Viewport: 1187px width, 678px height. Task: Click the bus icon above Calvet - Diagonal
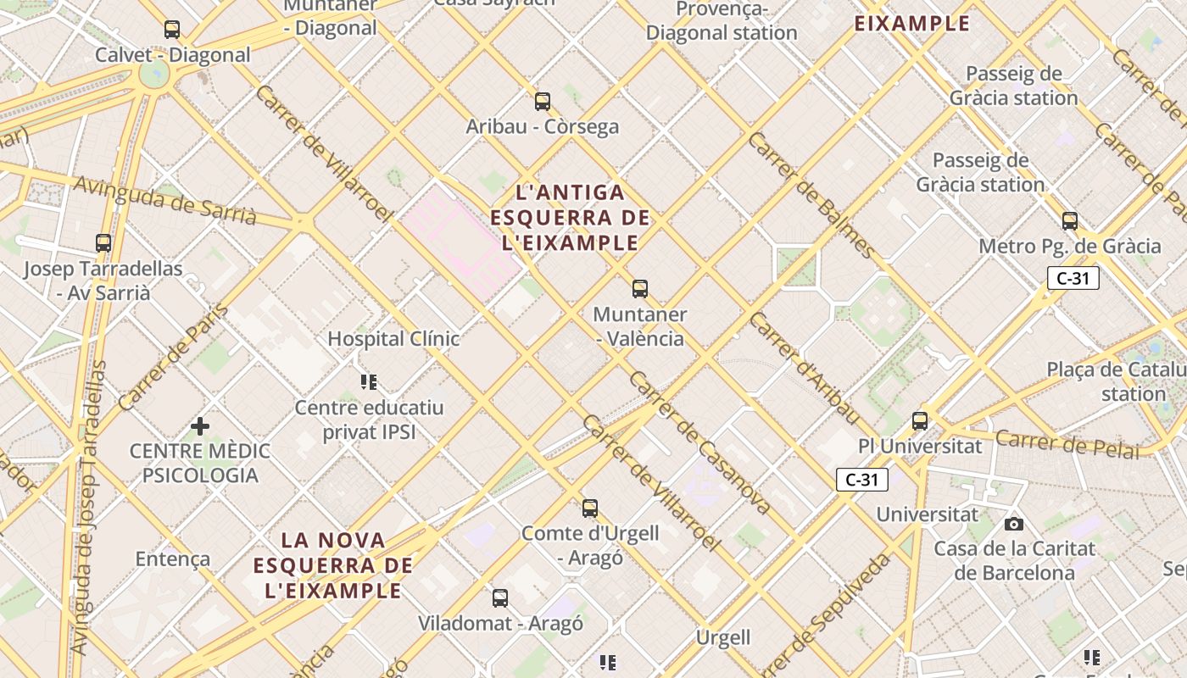coord(172,30)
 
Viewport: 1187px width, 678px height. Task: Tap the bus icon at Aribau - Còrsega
coord(543,102)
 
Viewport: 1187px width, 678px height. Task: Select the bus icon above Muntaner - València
coord(640,289)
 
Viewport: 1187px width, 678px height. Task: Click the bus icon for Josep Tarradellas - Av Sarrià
coord(103,243)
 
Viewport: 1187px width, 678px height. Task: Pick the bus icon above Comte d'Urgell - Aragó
coord(590,508)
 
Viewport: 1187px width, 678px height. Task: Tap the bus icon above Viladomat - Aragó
coord(500,598)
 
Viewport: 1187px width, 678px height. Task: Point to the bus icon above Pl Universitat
coord(920,420)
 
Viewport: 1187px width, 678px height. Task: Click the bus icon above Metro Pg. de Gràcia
coord(1070,221)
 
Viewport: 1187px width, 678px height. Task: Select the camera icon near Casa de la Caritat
coord(1014,524)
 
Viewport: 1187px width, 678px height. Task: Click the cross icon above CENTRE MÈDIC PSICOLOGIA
coord(200,425)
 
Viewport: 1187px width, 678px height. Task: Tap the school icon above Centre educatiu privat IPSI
coord(369,382)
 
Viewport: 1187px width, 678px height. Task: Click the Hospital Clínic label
coord(393,339)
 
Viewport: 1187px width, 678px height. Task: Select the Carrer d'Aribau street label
coord(804,367)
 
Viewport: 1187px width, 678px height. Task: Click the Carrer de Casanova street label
coord(699,442)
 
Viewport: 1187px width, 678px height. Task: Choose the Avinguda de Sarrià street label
coord(165,200)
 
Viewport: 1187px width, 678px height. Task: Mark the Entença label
coord(173,559)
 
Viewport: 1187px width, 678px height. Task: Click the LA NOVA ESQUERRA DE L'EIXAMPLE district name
coord(333,564)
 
